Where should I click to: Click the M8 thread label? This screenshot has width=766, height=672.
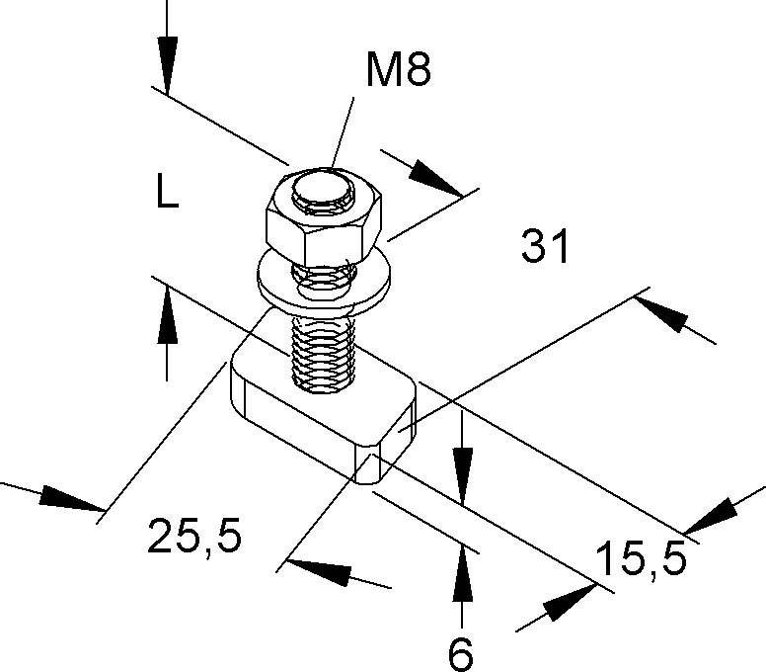(399, 71)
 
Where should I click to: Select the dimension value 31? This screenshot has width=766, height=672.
(546, 247)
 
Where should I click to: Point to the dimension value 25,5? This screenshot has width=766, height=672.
(194, 537)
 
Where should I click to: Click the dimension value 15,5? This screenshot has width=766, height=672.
(641, 561)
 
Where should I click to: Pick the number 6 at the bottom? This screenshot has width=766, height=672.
(460, 653)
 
